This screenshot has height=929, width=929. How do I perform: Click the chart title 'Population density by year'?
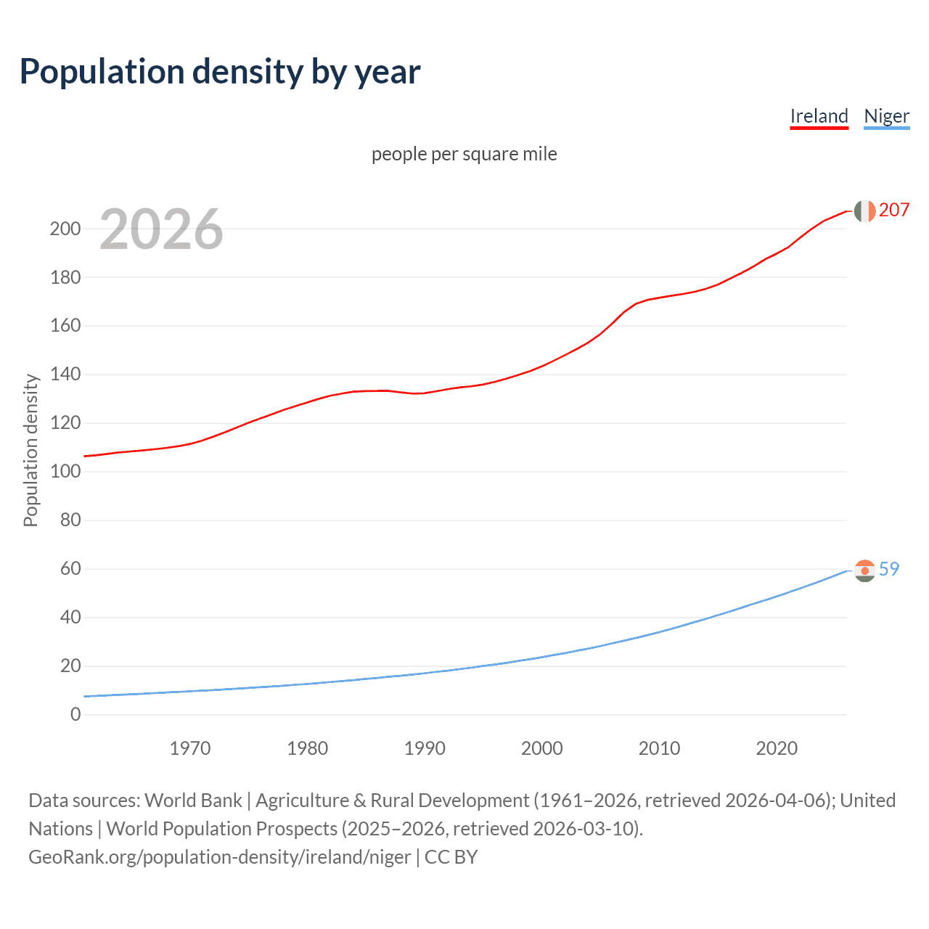[x=220, y=71]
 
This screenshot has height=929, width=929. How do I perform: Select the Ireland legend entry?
[x=819, y=116]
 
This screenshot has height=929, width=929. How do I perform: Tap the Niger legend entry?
[x=886, y=116]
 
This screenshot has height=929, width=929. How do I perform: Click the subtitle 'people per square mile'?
[x=464, y=154]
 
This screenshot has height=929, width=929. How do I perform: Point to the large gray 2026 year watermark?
[x=161, y=229]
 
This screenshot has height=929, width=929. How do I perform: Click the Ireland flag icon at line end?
[x=864, y=210]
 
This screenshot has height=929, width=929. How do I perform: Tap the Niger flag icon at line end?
[x=864, y=570]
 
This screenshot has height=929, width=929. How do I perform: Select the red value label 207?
[x=893, y=210]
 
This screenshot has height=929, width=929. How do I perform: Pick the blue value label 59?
[x=888, y=569]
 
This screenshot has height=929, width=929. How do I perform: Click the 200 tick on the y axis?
[x=65, y=229]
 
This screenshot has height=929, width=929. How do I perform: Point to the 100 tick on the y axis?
[x=65, y=472]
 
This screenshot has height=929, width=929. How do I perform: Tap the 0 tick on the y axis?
[x=75, y=714]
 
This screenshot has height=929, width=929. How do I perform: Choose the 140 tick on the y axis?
[x=65, y=375]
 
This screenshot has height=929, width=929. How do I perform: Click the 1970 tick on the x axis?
[x=190, y=748]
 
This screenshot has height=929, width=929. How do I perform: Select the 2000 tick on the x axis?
[x=541, y=748]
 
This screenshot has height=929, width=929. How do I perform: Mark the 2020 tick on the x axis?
[x=776, y=748]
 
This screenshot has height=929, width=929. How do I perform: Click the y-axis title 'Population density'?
[x=30, y=450]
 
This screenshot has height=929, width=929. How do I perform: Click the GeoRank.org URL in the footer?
[x=219, y=856]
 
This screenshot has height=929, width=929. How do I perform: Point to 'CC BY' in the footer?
[x=451, y=856]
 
